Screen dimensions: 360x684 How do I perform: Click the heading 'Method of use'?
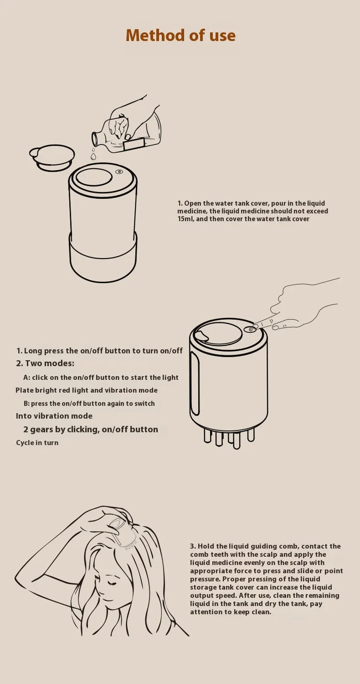pos(180,35)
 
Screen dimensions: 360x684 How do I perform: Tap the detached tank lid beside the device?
pos(52,157)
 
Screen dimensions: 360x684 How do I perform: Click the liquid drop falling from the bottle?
pos(93,156)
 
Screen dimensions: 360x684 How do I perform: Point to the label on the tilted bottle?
pos(134,144)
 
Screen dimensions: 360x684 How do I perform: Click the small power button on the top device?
pos(119,172)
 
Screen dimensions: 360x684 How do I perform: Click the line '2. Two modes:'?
pos(45,363)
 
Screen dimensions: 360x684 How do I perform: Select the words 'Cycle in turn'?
pos(37,443)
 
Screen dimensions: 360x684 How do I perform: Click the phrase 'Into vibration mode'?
pos(54,416)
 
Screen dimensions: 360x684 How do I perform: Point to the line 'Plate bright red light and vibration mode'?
pos(87,390)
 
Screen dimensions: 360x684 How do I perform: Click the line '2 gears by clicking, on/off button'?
pos(91,430)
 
